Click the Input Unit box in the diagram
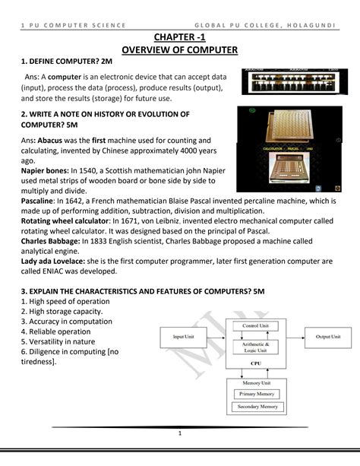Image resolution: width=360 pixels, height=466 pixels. point(184,335)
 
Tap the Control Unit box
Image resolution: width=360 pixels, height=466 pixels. point(254,325)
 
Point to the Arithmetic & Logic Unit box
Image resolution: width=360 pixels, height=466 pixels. point(254,347)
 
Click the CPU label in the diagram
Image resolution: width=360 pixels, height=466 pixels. point(254,363)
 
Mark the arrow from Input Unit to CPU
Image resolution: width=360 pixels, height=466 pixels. point(217,335)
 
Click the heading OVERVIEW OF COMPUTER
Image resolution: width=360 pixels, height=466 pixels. point(180,51)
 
